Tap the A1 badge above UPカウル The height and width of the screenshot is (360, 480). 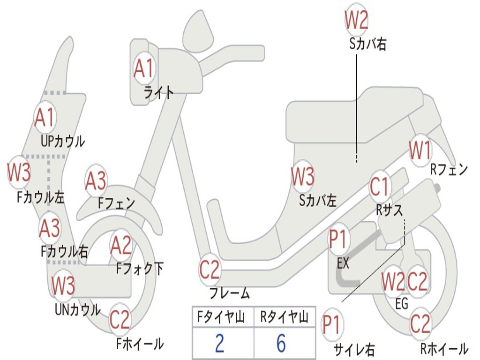click(45, 117)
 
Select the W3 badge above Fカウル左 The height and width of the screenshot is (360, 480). click(19, 172)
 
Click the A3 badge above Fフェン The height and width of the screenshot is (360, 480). click(96, 180)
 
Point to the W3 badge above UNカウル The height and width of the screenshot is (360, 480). click(63, 285)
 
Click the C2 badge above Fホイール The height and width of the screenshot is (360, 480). click(120, 319)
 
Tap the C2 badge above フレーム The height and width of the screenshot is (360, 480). click(210, 270)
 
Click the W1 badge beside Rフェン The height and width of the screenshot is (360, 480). click(420, 150)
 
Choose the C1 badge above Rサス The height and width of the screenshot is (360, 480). click(380, 186)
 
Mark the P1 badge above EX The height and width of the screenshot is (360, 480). click(337, 239)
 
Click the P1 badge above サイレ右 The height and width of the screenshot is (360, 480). click(332, 324)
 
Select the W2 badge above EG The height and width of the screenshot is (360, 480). click(393, 281)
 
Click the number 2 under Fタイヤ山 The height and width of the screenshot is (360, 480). click(219, 343)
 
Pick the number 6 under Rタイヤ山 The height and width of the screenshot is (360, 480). click(281, 343)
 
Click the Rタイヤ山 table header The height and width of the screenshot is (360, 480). click(285, 317)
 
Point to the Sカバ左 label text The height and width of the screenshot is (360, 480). click(317, 201)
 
